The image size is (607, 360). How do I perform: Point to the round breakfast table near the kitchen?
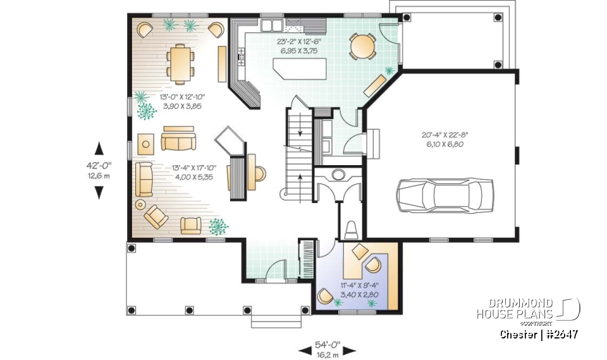(362, 46)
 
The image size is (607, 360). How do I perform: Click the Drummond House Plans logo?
(528, 309)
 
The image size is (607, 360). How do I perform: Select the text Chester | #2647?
(539, 334)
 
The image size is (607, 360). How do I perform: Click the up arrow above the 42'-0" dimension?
(99, 149)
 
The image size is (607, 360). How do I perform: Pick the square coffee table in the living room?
(146, 144)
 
